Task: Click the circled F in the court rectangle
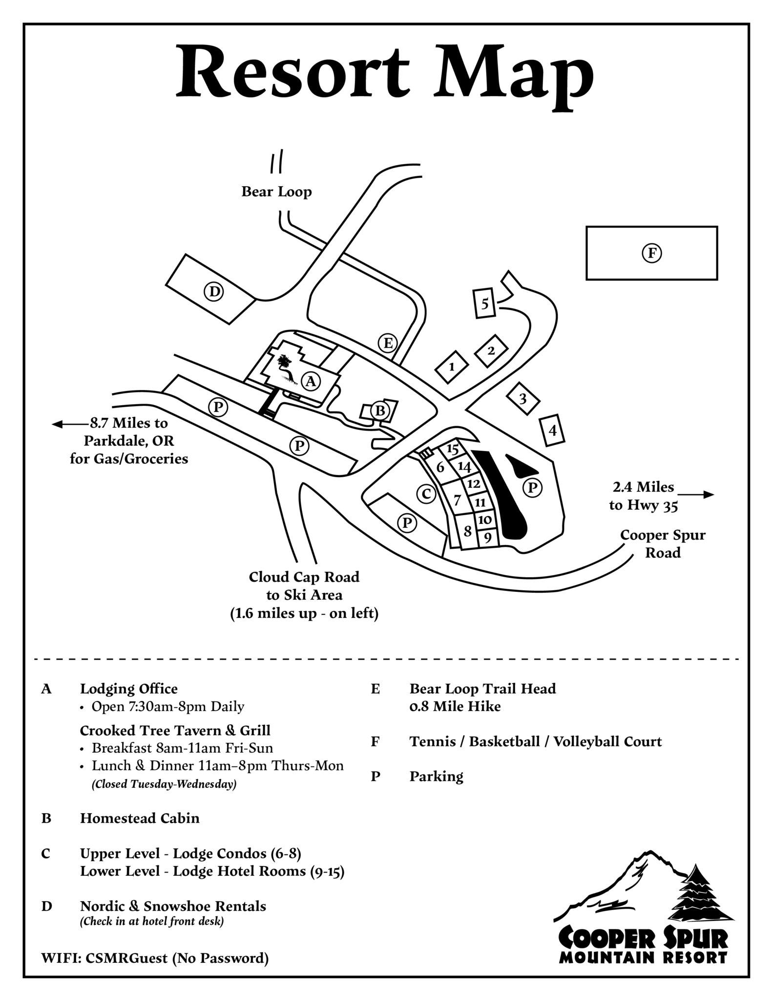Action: (x=651, y=253)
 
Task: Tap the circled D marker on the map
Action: (x=213, y=292)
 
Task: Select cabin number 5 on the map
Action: (x=484, y=304)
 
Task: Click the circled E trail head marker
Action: (x=388, y=343)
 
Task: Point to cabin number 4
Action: (x=552, y=431)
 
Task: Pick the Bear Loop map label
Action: (x=276, y=192)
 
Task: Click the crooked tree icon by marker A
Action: (x=285, y=366)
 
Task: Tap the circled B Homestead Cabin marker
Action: (x=379, y=410)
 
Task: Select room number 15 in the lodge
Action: (x=453, y=449)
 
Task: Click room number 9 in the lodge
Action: (x=487, y=538)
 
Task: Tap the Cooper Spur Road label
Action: (x=663, y=544)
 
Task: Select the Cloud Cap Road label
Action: (x=304, y=577)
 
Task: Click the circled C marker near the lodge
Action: (x=426, y=494)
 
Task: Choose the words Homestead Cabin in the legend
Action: (x=140, y=818)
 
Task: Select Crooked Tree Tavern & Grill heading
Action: (x=175, y=730)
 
